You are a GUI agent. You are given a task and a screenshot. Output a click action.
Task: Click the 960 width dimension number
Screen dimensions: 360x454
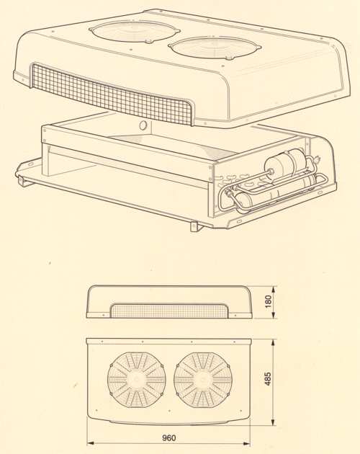pos(168,437)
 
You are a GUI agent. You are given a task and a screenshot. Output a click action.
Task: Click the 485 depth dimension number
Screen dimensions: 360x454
pos(268,379)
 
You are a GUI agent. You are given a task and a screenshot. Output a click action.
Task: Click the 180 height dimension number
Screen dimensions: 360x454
pos(269,302)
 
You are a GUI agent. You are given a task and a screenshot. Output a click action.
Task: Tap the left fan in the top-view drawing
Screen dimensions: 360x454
pos(137,380)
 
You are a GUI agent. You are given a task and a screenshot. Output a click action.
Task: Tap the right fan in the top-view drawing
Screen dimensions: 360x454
pos(203,380)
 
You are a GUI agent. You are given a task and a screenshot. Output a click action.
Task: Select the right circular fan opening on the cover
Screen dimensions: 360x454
pos(215,48)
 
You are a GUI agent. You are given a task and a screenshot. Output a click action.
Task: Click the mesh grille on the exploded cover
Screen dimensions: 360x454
pos(112,93)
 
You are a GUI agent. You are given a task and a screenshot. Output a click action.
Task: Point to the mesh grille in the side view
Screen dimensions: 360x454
pos(169,311)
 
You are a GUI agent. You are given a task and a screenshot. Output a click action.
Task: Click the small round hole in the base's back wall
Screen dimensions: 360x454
pos(143,125)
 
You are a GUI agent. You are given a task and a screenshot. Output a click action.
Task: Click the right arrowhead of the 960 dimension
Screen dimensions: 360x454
pos(247,443)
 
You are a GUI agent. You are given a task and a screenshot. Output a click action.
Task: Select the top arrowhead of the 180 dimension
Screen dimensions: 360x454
pos(274,289)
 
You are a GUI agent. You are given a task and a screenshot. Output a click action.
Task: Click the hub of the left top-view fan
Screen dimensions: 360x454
pos(137,380)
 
